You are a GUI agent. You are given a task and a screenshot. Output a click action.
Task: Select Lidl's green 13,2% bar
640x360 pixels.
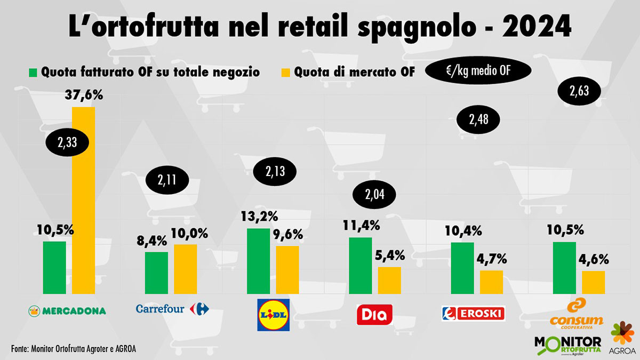[x=259, y=261]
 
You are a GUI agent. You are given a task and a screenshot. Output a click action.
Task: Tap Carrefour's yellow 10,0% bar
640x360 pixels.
[x=185, y=269]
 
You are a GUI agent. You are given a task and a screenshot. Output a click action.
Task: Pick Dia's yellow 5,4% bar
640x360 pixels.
[x=389, y=280]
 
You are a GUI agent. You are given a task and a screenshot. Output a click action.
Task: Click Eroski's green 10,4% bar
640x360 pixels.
[x=462, y=268]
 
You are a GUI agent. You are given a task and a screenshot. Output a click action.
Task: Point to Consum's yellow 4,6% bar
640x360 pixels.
[x=593, y=282]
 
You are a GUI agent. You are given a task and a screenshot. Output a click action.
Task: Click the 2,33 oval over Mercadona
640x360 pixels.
[x=66, y=142]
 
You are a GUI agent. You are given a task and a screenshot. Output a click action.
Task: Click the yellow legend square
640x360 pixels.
[x=286, y=72]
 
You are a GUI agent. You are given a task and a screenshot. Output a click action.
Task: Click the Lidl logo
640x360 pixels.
[x=273, y=315]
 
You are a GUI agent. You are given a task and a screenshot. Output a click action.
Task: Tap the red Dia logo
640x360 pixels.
[x=374, y=315]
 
